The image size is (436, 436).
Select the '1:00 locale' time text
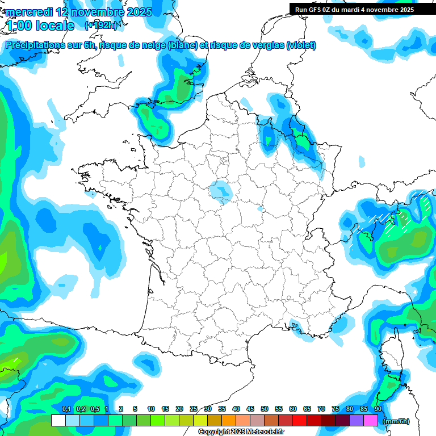coord(40,26)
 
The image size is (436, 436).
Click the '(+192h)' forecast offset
coord(101,26)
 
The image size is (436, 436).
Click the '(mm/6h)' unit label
coord(396,421)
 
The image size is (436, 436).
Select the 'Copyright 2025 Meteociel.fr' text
coord(241,432)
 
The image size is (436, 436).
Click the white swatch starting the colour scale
coord(58,421)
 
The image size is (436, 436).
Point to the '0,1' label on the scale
coord(66,409)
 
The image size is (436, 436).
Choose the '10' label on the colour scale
coord(151,409)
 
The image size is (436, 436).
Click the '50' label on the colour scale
coord(265,409)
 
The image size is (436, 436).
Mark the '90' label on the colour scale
coord(378,409)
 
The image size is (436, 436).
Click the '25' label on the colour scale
coord(194,409)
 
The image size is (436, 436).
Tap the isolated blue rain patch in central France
coord(220,191)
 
